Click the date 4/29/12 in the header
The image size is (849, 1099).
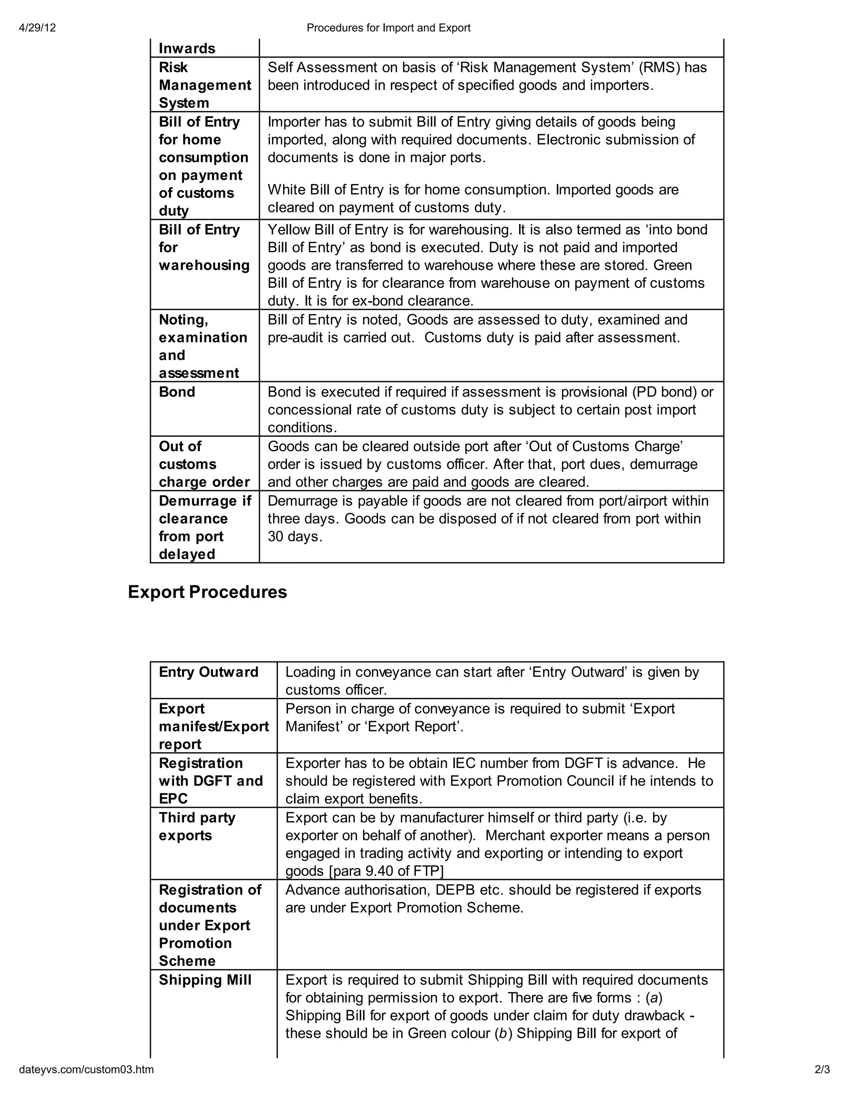point(37,28)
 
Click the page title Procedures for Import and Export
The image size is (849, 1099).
point(388,28)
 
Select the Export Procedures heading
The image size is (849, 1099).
point(207,592)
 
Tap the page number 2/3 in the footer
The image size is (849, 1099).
point(822,1083)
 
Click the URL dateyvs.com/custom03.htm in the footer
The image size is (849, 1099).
point(87,1083)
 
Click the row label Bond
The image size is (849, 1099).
point(177,392)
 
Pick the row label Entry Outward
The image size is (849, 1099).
point(208,672)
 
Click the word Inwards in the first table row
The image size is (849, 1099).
point(187,49)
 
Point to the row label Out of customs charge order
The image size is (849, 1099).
point(204,464)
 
